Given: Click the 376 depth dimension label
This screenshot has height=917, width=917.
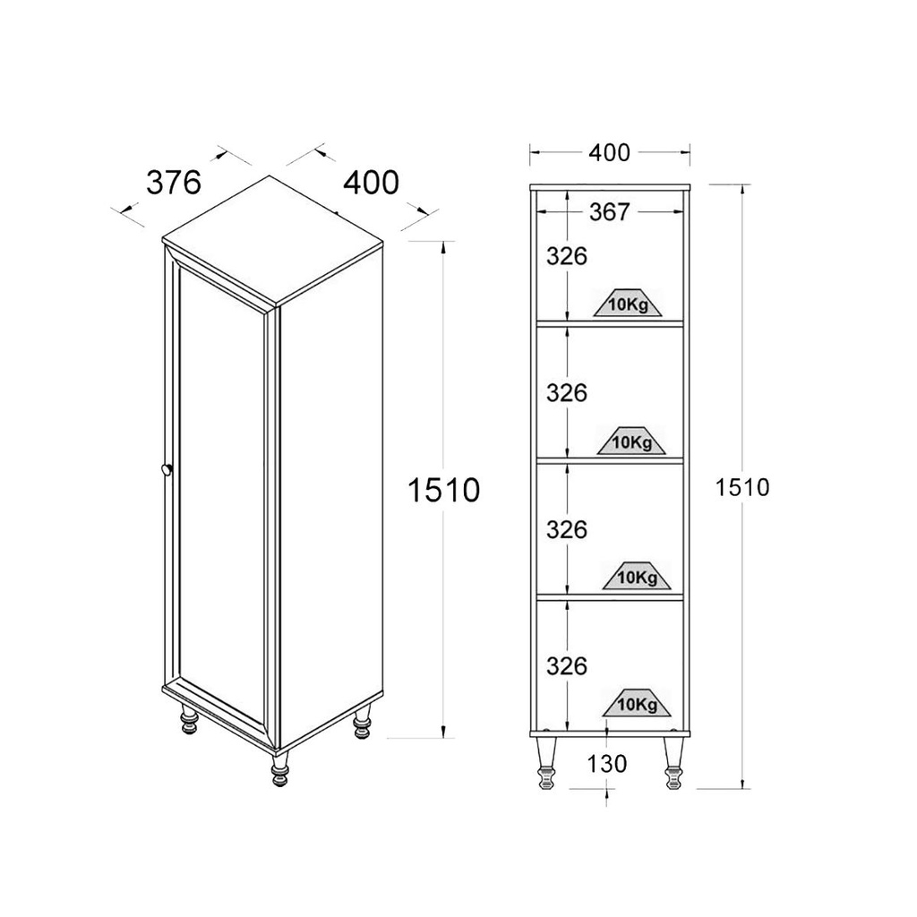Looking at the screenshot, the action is point(174,183).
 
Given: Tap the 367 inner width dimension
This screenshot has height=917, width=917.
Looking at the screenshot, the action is point(609,211).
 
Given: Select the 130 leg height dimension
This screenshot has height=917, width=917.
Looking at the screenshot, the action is point(607,763).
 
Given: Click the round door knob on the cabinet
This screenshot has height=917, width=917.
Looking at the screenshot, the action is point(167,469).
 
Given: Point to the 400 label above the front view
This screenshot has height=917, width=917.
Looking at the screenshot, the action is point(609,152).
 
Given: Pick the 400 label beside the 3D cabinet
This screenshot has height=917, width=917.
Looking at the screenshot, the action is point(371,183).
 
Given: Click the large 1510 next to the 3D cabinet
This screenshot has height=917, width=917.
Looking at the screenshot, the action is point(443,490).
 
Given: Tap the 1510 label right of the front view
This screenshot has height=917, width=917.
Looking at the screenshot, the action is point(742,487).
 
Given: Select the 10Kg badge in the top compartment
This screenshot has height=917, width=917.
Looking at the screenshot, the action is point(628,303).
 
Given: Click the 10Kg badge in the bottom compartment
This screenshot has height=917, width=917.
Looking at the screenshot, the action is point(637,703).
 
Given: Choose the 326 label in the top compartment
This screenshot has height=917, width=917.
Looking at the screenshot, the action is point(567,256).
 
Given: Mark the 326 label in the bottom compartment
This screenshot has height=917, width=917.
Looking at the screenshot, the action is point(567,666).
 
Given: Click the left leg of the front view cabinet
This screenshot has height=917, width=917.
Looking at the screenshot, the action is point(547,762).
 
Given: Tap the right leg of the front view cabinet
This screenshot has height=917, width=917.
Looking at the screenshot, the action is point(673,762).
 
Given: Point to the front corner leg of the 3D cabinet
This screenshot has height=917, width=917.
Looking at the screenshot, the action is point(280,769).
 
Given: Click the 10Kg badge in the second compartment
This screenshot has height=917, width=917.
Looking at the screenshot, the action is point(631,441).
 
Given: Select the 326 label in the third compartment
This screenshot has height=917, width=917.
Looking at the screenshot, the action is point(567,530).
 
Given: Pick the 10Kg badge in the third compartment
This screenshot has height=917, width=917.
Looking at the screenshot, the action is point(637,577).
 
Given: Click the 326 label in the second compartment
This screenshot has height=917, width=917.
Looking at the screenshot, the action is point(567,393).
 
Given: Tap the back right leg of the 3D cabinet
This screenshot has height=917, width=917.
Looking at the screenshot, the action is point(362,723).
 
